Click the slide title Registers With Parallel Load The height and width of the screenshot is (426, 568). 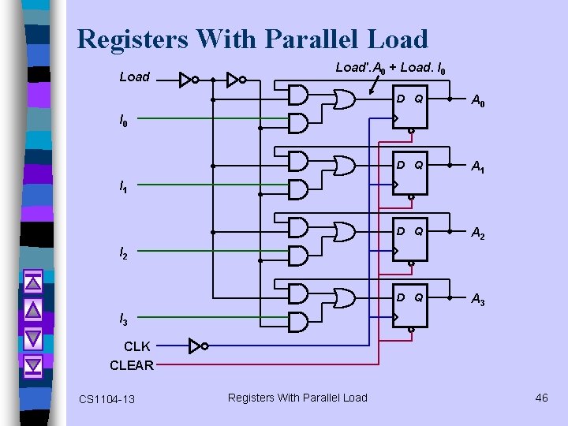point(252,39)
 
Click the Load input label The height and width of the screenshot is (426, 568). point(134,77)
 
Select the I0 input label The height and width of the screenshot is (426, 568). point(123,121)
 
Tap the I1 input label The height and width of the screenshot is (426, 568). point(123,188)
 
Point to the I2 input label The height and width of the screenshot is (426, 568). point(123,254)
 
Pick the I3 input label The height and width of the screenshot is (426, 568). point(123,319)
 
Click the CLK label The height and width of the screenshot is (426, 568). point(137,346)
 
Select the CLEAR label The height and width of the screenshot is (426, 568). point(132,365)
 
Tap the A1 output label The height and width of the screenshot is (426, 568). point(478,166)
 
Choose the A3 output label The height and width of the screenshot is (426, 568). point(478,299)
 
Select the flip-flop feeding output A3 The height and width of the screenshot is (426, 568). point(410,305)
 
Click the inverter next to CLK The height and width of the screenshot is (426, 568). point(199,346)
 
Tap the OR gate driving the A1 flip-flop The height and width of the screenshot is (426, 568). point(344,165)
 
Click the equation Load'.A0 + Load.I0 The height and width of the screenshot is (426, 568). point(390,69)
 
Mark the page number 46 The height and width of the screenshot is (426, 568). point(541,398)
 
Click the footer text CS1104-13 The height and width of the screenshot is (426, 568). point(106,399)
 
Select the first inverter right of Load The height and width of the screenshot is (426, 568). point(187,80)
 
